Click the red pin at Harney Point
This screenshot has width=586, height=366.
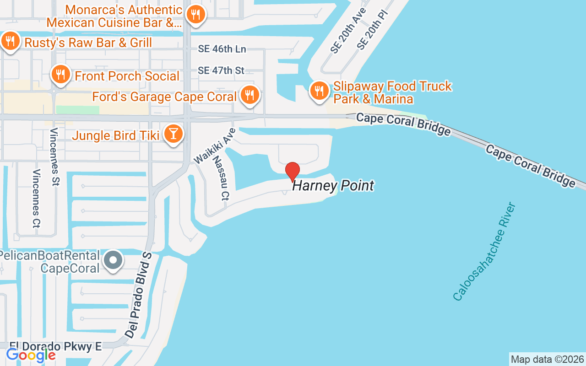tap(293, 172)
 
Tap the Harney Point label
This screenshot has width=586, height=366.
tap(333, 186)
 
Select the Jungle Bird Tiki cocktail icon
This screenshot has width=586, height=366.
tap(174, 134)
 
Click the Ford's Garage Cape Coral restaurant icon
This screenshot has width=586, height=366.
tap(249, 95)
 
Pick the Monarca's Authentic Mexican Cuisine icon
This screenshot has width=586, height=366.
tap(195, 14)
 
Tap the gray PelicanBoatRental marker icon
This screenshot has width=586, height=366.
tap(113, 261)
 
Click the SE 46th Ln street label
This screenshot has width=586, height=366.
tap(222, 49)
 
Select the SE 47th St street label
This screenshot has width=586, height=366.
tap(221, 70)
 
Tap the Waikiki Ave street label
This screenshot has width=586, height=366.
tap(215, 145)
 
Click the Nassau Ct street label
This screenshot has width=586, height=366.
tap(221, 183)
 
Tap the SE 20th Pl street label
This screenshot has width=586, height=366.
tap(372, 28)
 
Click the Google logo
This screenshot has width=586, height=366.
tap(31, 355)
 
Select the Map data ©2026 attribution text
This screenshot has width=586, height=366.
tap(547, 359)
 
